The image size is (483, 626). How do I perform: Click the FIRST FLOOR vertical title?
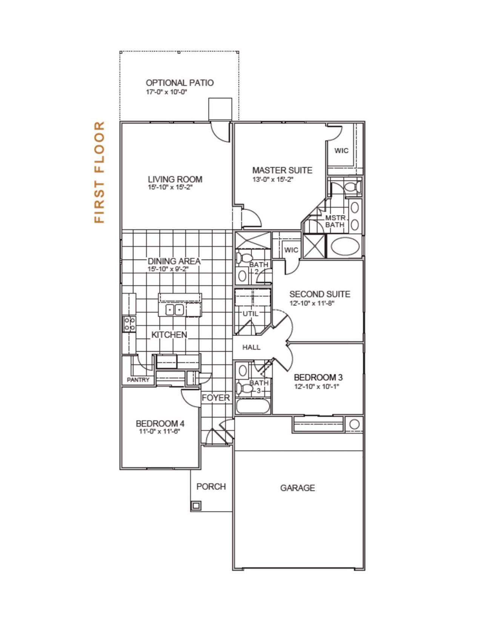tap(99, 172)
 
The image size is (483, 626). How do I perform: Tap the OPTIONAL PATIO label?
tap(180, 83)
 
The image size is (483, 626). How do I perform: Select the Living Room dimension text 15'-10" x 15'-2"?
tap(170, 187)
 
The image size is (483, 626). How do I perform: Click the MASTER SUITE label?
tap(282, 170)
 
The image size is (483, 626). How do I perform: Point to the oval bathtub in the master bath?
tap(345, 246)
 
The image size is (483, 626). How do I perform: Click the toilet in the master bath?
tap(352, 187)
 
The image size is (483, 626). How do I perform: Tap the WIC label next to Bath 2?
tap(291, 250)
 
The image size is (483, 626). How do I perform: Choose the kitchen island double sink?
tap(175, 310)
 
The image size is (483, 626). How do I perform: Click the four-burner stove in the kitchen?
tap(129, 324)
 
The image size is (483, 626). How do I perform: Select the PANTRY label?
tap(138, 380)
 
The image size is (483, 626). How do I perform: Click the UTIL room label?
tap(250, 314)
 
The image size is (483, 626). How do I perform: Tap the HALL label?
tap(251, 347)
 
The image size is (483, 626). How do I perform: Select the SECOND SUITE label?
tap(320, 294)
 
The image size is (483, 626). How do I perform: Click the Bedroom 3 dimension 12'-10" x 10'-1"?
tap(317, 387)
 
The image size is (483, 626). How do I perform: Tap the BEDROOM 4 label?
tap(160, 424)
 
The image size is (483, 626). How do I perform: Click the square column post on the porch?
tap(196, 506)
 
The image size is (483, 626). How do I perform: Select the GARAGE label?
tap(297, 488)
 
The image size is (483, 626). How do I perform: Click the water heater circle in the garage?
tap(354, 424)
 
